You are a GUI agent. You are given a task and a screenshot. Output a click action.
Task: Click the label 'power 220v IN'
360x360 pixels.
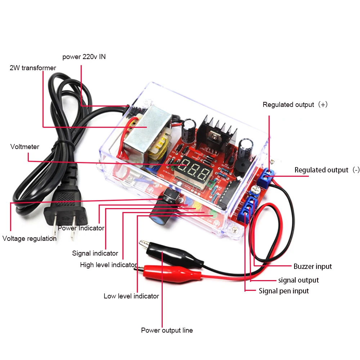[84, 57]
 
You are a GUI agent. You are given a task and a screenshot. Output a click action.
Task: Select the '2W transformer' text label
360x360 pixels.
[33, 68]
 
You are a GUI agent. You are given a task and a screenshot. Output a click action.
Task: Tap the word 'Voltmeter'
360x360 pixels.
[25, 147]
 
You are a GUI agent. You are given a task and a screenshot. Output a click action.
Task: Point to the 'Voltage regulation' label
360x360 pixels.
[30, 239]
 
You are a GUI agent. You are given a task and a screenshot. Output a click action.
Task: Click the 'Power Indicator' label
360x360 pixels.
[81, 228]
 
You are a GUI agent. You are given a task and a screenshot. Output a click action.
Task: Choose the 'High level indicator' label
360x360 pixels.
[108, 265]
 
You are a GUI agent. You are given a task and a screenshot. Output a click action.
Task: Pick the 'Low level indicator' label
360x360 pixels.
[131, 296]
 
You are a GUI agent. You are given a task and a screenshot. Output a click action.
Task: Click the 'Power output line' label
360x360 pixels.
[167, 330]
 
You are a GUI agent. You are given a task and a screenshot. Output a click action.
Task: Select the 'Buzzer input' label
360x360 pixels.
[312, 267]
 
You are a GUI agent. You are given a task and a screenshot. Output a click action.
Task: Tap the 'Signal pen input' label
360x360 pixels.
[284, 291]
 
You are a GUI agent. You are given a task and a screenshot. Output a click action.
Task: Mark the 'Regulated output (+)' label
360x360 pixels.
[295, 105]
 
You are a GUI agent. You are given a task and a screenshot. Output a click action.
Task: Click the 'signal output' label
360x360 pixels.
[298, 280]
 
